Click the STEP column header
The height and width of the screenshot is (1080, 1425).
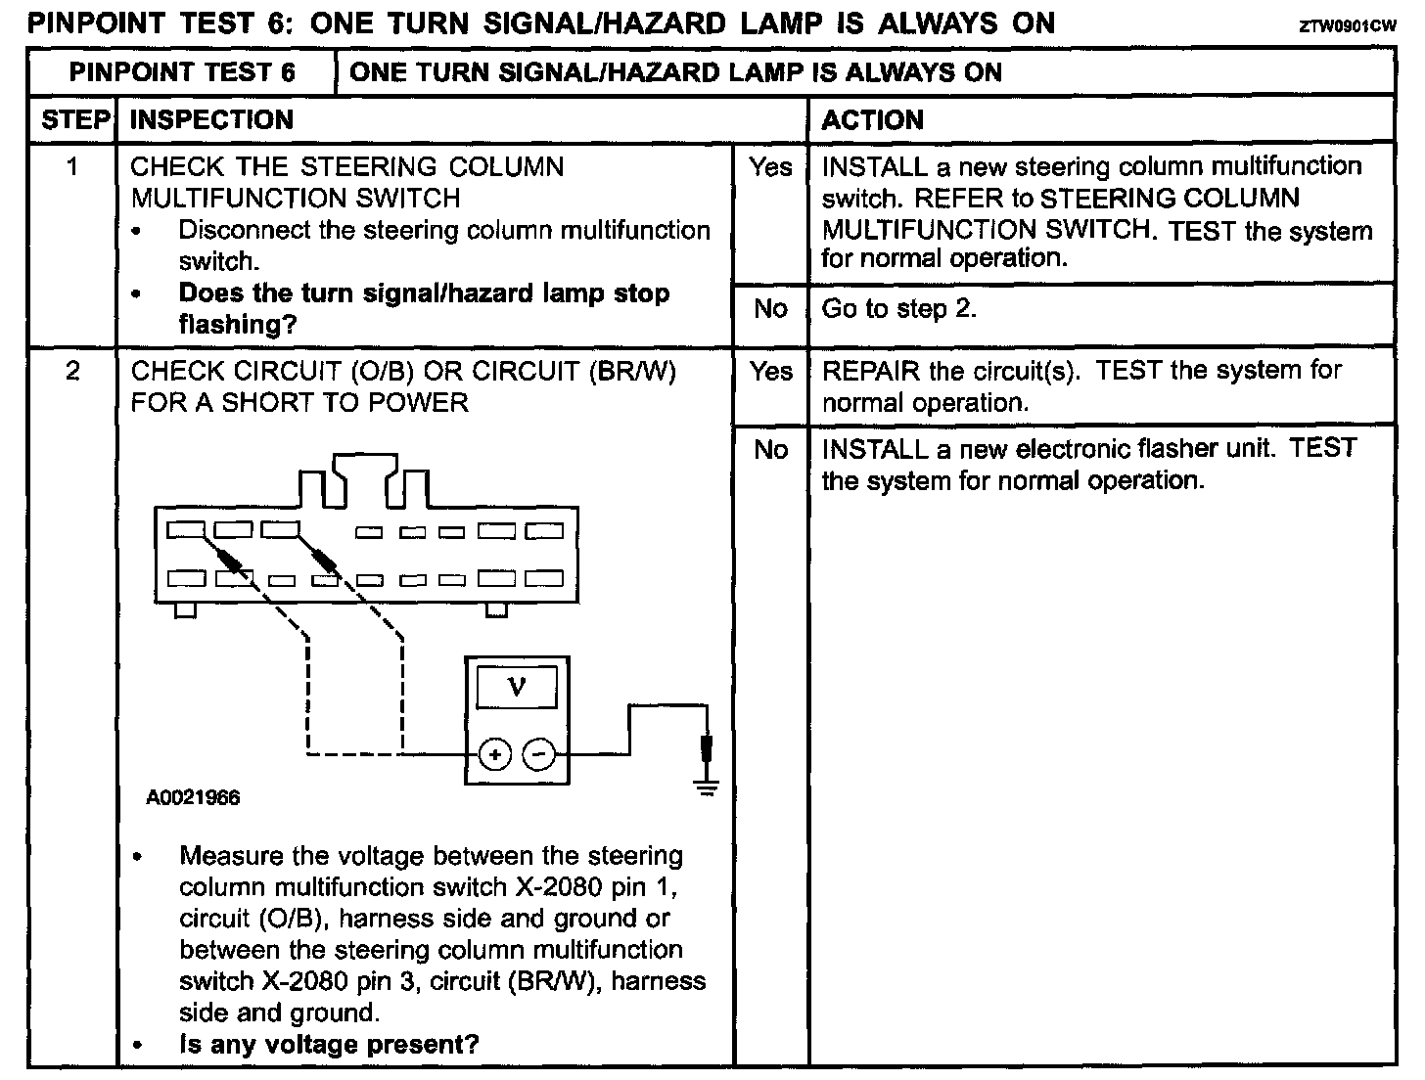click(73, 119)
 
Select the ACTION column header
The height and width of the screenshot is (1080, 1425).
click(872, 119)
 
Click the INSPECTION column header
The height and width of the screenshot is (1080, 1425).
click(211, 119)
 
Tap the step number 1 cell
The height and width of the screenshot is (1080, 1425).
click(72, 167)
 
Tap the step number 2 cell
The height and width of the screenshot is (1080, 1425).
click(72, 372)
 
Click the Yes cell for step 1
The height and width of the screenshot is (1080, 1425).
click(770, 167)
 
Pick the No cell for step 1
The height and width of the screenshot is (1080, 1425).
click(770, 309)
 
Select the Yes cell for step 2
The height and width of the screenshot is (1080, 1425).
click(770, 372)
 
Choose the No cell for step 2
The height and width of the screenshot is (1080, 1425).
click(770, 450)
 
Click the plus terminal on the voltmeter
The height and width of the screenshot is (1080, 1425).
click(495, 754)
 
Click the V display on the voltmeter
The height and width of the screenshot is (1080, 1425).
click(517, 687)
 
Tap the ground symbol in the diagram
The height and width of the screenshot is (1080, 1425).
click(706, 785)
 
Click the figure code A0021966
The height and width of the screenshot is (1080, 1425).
click(193, 797)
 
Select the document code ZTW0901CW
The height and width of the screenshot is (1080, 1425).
click(1347, 27)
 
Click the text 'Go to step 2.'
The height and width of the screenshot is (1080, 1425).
click(898, 309)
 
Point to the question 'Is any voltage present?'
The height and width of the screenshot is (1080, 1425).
click(329, 1044)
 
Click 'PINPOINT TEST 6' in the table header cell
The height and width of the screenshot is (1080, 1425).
click(182, 72)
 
